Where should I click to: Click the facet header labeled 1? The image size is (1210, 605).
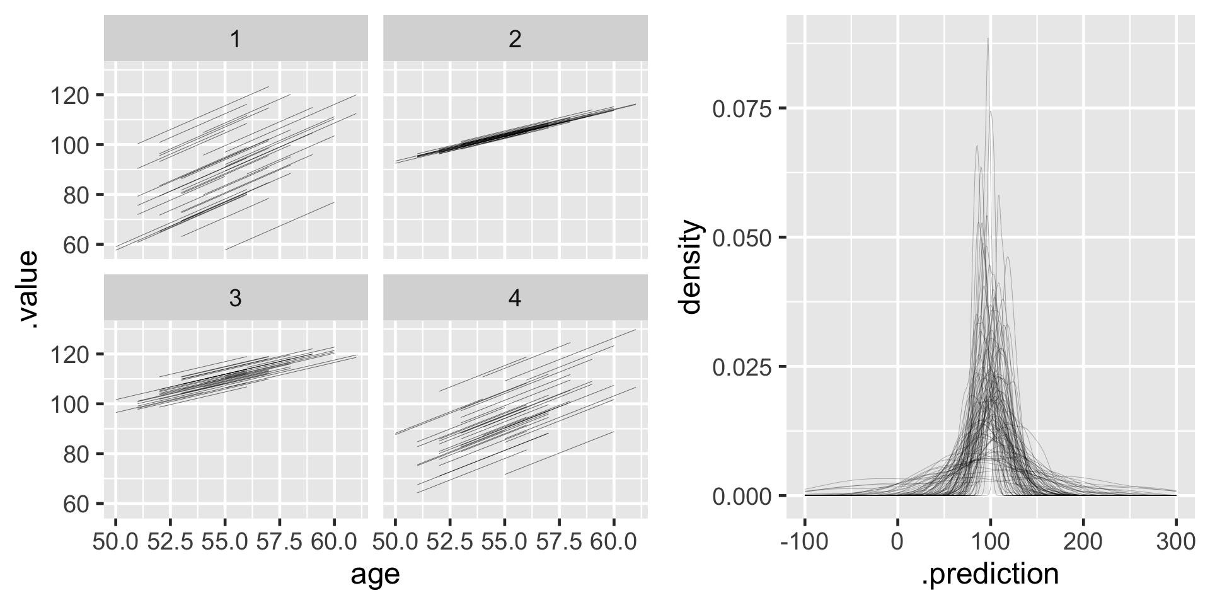236,39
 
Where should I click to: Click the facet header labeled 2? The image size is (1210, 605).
515,39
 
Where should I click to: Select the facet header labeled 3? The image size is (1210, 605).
236,298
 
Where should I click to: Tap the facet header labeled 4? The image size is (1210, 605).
515,298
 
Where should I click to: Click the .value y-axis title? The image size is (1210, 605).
28,290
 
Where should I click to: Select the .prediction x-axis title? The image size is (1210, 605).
989,574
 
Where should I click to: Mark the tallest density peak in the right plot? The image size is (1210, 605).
988,39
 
